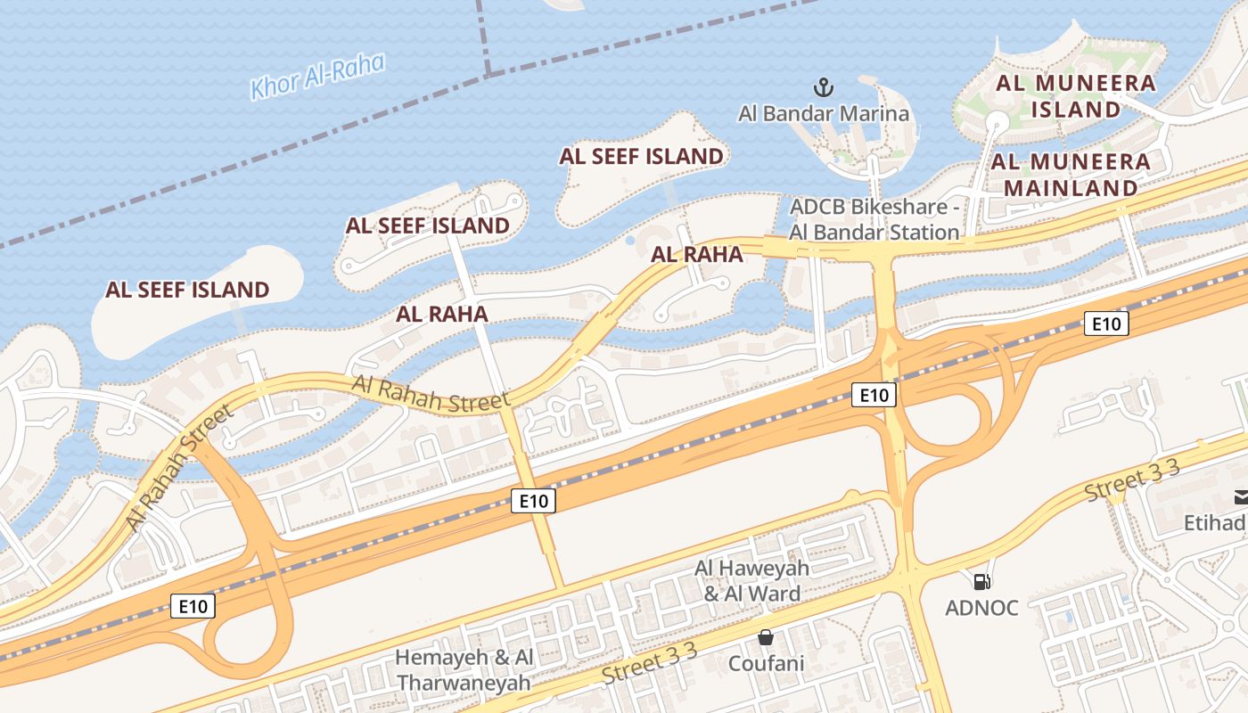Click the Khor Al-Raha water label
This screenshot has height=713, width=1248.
click(317, 77)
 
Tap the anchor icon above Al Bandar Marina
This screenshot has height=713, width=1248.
click(824, 87)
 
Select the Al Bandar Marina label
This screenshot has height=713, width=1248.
click(824, 113)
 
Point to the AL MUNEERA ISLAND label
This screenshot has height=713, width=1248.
click(1075, 96)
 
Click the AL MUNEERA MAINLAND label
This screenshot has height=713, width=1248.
click(1071, 175)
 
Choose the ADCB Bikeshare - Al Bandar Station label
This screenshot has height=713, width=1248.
click(874, 219)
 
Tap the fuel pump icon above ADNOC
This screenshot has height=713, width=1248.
click(981, 582)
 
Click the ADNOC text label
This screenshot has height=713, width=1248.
click(981, 608)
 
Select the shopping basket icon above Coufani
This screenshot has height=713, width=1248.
click(765, 637)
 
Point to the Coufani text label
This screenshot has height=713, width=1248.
click(766, 663)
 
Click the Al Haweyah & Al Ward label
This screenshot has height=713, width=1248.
click(752, 580)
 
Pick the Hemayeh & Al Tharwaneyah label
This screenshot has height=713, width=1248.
click(464, 670)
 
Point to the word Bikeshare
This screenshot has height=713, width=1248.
click(895, 207)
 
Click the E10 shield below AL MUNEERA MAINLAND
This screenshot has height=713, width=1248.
click(1106, 324)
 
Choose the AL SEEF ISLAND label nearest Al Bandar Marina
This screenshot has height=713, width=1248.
click(641, 156)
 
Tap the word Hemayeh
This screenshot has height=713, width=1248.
click(441, 658)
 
